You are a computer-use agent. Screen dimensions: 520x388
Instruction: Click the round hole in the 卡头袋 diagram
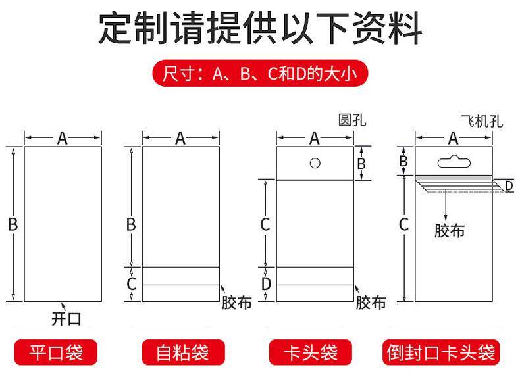[x=315, y=163]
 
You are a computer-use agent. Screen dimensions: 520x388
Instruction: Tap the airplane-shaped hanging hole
[x=454, y=162]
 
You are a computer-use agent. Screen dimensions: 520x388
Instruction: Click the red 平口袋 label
[x=56, y=352]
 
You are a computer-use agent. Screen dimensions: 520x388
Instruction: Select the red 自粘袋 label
[x=183, y=352]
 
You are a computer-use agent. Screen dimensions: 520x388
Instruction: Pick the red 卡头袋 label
[x=311, y=352]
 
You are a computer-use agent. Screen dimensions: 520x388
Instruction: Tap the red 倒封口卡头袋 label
[x=441, y=352]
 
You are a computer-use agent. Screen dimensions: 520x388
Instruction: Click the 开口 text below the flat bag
[x=66, y=319]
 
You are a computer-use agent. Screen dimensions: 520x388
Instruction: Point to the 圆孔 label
[x=352, y=120]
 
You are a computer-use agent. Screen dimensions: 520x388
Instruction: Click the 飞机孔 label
[x=482, y=121]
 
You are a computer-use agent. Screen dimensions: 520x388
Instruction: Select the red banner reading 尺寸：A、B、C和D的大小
[x=260, y=73]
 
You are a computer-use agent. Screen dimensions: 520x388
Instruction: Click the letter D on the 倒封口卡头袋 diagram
[x=509, y=186]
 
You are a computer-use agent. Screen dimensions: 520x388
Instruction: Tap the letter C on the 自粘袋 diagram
[x=132, y=284]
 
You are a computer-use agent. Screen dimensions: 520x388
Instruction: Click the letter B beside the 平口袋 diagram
[x=13, y=224]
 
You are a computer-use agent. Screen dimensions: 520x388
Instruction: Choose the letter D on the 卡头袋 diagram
[x=266, y=284]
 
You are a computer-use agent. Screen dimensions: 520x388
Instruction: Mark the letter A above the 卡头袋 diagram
[x=315, y=138]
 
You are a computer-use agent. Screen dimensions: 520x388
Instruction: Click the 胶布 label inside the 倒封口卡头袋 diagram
[x=450, y=231]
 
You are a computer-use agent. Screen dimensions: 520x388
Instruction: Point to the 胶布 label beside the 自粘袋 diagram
[x=236, y=303]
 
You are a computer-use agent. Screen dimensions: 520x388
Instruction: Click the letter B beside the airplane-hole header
[x=403, y=161]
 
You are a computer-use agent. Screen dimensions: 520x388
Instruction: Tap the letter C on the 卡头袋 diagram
[x=265, y=224]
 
